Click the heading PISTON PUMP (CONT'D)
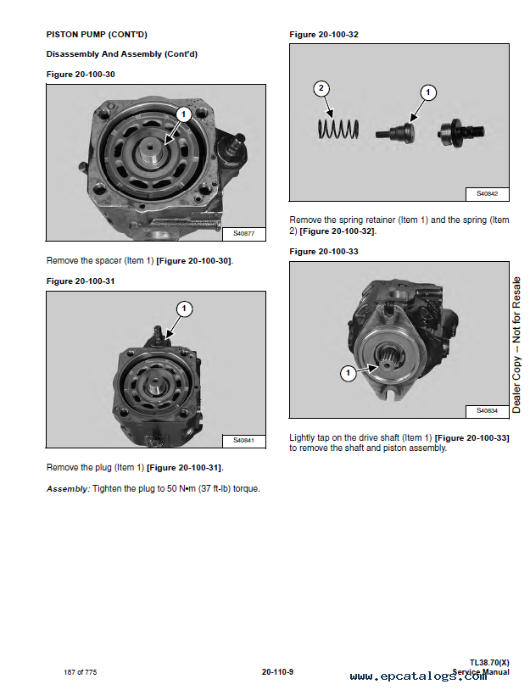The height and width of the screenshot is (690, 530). (97, 34)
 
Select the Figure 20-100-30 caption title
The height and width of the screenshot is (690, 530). (81, 75)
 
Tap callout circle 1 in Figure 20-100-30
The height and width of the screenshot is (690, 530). (183, 114)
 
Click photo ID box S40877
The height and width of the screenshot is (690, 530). (244, 234)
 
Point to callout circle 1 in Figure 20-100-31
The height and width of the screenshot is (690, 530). (184, 309)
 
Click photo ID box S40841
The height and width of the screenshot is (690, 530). (244, 441)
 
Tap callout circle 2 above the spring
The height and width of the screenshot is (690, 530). (321, 88)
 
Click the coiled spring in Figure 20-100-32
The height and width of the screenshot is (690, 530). (338, 129)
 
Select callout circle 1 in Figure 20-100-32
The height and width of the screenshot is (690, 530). (428, 92)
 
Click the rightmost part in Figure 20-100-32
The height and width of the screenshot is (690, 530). (461, 131)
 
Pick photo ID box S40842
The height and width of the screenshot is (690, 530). (488, 194)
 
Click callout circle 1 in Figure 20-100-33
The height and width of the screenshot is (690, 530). (349, 374)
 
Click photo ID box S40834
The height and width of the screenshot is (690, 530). (488, 411)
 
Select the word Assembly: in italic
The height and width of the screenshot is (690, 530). (68, 489)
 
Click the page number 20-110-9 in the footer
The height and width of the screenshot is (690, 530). (277, 672)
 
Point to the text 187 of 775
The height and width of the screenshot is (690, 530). (80, 672)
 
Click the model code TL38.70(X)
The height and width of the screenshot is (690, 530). (489, 662)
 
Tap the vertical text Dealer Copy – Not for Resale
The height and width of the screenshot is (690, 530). (516, 345)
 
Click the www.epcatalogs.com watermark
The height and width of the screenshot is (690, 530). (418, 676)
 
